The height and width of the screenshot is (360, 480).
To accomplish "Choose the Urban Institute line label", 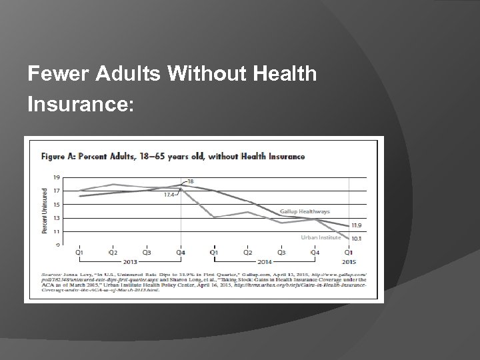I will pos(321,237).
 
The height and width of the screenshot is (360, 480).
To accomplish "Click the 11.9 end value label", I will pos(357,225).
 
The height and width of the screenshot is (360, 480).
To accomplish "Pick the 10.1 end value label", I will pos(357,237).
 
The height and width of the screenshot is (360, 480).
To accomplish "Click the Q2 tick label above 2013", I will pos(113,253).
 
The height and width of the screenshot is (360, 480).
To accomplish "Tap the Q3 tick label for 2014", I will pos(281,253).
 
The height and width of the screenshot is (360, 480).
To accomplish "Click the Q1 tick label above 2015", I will pos(349,253).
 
